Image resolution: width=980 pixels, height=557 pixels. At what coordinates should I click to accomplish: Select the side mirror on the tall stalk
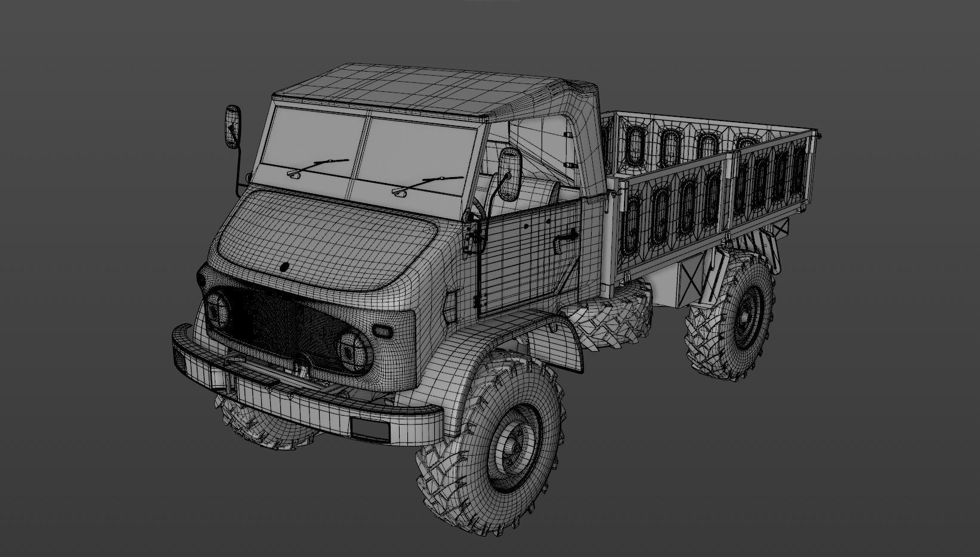tap(233, 127)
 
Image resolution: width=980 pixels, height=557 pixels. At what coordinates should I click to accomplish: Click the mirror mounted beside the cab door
tap(509, 174)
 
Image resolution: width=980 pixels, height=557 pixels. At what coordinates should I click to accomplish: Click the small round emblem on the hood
tap(285, 268)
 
